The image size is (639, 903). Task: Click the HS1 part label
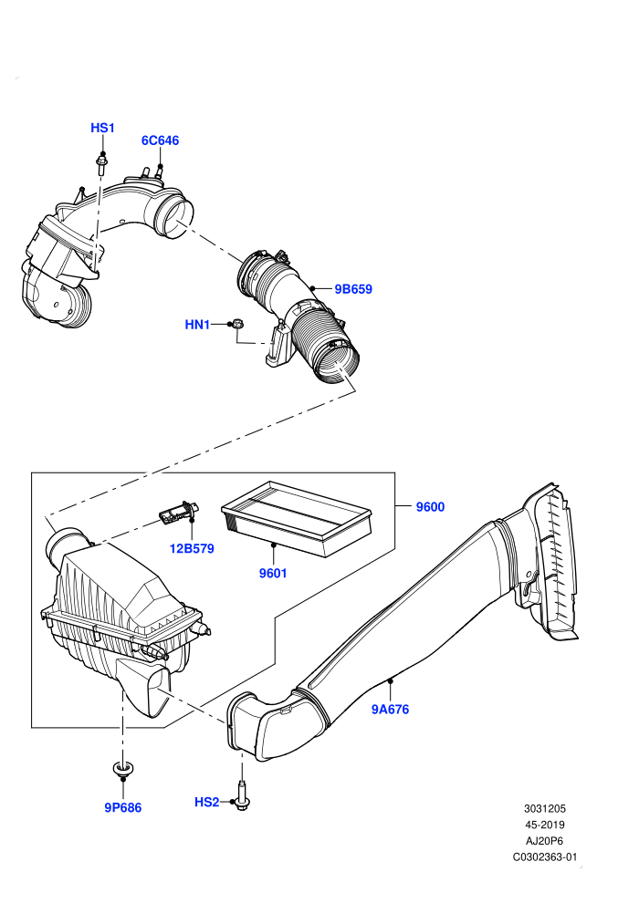102,128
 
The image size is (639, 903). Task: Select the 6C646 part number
160,140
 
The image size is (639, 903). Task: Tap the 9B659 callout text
353,289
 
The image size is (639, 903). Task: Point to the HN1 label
197,325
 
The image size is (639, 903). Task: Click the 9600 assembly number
431,507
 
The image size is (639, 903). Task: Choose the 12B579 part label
192,548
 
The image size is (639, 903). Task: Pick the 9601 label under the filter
273,573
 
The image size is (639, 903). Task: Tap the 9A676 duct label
390,710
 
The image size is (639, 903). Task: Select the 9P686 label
122,808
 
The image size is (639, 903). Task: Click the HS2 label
207,803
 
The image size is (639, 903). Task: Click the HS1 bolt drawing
102,163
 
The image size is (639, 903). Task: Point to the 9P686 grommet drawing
122,770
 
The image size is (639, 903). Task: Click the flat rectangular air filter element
297,518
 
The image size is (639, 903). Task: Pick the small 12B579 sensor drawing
177,513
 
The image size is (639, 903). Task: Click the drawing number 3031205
544,808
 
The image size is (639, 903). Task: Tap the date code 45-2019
544,825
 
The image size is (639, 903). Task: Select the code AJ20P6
544,841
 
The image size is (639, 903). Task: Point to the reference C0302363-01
544,856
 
